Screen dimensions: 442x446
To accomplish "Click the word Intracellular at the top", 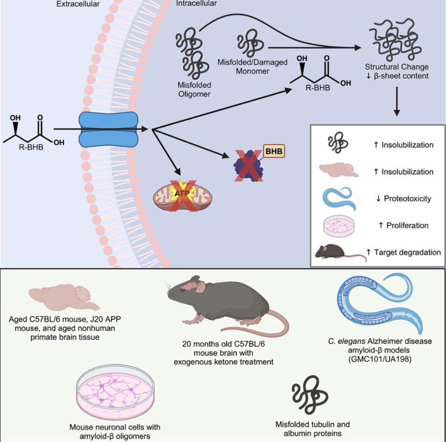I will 196,3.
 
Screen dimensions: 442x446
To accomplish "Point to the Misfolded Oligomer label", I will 194,90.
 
